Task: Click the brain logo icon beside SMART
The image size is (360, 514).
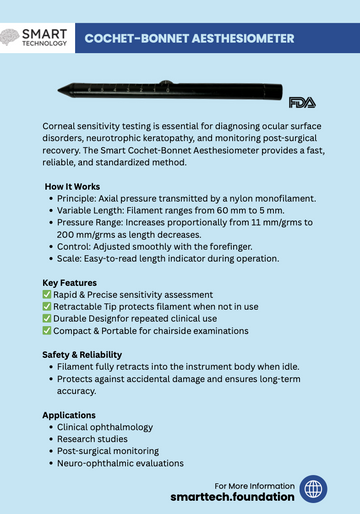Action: tap(12, 37)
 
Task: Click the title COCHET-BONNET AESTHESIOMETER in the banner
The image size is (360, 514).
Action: tap(188, 38)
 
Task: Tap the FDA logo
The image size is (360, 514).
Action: tap(301, 102)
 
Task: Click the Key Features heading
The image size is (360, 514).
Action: tap(70, 283)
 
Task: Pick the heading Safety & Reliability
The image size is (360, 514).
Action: tap(82, 355)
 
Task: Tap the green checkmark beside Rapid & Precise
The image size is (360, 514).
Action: tap(47, 295)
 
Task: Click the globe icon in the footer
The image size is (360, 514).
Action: tap(314, 490)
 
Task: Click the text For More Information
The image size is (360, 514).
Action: tap(255, 484)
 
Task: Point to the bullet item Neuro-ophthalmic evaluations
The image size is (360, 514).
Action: tap(122, 463)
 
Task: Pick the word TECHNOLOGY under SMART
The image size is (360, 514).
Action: tap(46, 45)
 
